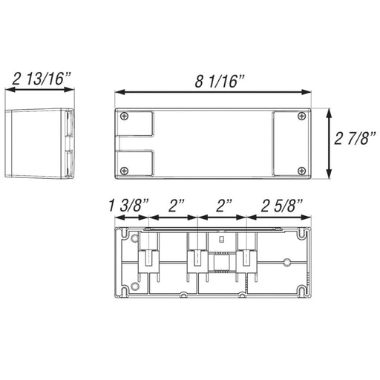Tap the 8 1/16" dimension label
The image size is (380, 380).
220,81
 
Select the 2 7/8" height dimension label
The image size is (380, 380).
355,138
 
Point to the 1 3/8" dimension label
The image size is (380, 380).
128,206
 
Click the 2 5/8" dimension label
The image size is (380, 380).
282,206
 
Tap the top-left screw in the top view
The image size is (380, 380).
124,116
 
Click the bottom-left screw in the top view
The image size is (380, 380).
124,171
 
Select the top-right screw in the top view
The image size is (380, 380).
301,116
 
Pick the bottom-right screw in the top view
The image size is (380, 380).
301,171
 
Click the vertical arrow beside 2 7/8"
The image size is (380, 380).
329,143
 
